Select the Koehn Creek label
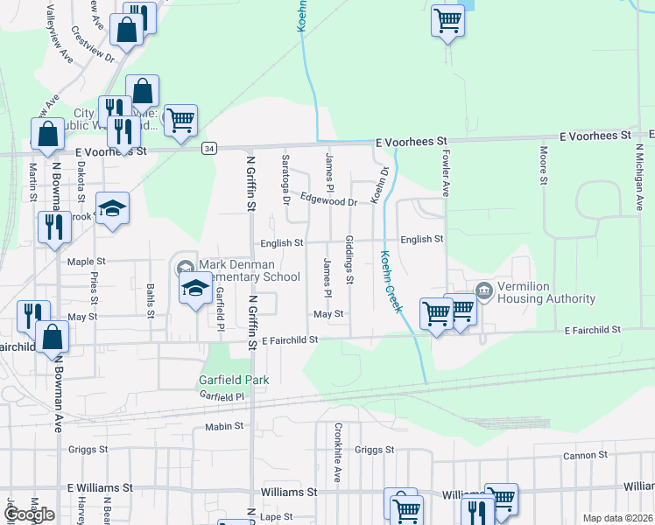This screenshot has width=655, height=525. click(x=391, y=283)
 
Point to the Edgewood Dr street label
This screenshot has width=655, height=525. click(x=329, y=201)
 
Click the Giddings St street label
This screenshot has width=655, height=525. click(x=349, y=260)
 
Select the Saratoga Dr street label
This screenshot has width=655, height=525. click(x=286, y=178)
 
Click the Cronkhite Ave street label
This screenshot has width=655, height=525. click(x=337, y=452)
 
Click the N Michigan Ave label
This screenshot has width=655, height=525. click(x=637, y=175)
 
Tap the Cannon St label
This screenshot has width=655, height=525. click(x=585, y=455)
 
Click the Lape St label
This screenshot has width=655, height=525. click(x=276, y=517)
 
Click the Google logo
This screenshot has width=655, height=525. click(x=29, y=514)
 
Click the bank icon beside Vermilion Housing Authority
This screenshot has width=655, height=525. click(x=483, y=290)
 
